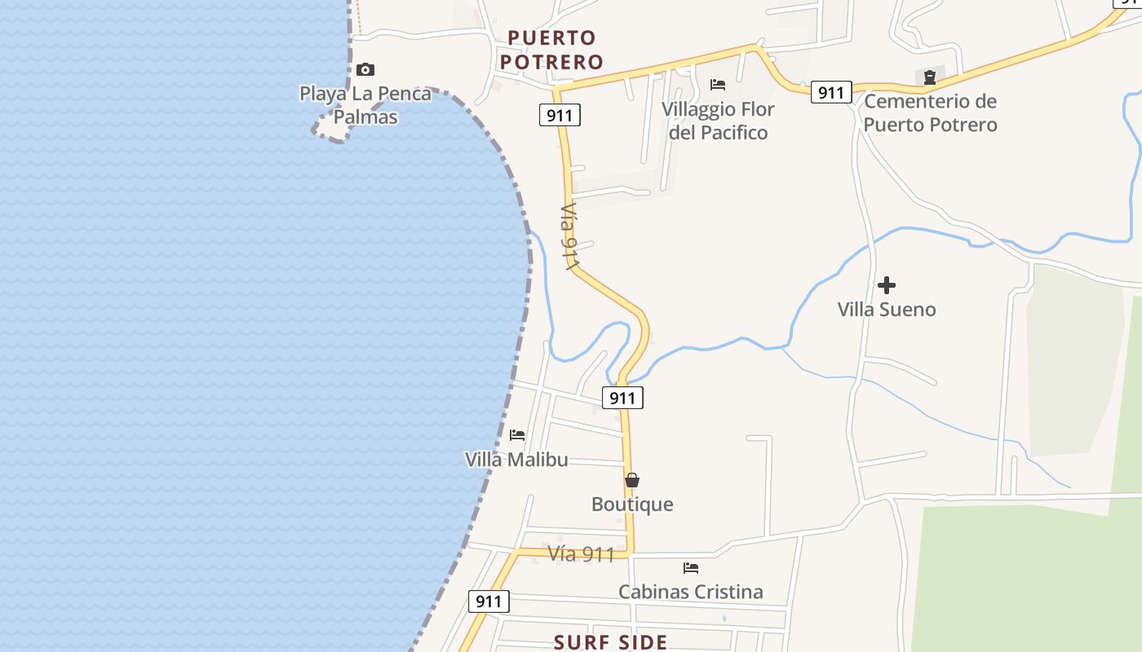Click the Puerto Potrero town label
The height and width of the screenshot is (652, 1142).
click(x=551, y=50)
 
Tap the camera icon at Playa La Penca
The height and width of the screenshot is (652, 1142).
click(x=365, y=70)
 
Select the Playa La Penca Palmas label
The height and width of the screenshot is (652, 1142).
click(x=365, y=105)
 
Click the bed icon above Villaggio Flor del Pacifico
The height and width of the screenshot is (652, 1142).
click(x=718, y=85)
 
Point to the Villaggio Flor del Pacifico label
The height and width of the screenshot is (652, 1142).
click(x=718, y=121)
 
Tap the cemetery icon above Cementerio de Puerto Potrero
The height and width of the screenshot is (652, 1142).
click(x=930, y=77)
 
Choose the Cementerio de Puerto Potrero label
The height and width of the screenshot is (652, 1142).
click(x=930, y=113)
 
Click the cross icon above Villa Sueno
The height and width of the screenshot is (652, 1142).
click(x=887, y=285)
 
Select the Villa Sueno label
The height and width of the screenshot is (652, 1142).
click(x=887, y=310)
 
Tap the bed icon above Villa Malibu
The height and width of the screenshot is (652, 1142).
click(x=517, y=435)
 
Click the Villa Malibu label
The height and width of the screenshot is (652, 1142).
click(x=516, y=460)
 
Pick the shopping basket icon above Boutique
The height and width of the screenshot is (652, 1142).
click(x=632, y=480)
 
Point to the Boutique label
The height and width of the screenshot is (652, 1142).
click(x=632, y=504)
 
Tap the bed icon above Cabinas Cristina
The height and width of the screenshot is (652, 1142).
click(x=691, y=568)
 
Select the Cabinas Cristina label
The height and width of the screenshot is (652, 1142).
click(x=691, y=593)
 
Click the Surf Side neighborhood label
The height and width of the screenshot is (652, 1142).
click(x=611, y=642)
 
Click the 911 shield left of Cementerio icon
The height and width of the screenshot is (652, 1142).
click(x=831, y=92)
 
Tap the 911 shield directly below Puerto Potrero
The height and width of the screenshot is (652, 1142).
click(x=560, y=116)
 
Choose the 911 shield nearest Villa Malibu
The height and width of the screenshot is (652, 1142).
click(x=622, y=398)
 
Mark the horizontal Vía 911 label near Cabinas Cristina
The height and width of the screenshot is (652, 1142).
click(x=581, y=554)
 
